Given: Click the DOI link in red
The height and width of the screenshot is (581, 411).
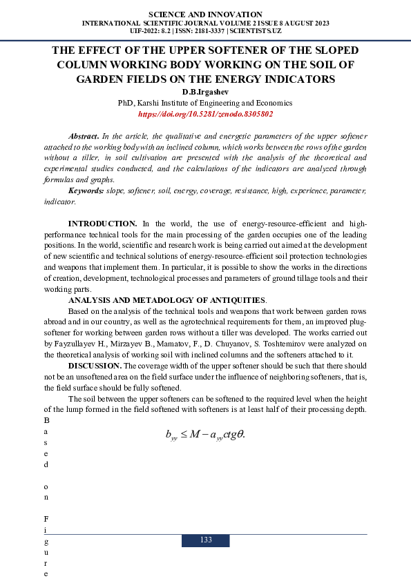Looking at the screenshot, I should (205, 114).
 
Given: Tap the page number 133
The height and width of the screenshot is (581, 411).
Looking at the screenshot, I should (205, 540).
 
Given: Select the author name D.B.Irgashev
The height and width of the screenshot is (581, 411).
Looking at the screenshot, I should (205, 92).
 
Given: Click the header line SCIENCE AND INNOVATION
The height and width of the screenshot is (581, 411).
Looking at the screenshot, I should (205, 14).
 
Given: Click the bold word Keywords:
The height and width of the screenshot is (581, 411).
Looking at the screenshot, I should (86, 190).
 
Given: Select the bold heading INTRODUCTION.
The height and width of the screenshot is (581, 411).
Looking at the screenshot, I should (102, 224).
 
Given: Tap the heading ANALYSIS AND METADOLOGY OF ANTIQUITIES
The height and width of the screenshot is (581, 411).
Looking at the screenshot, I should (166, 301).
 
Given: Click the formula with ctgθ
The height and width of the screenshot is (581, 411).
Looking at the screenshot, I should (205, 435).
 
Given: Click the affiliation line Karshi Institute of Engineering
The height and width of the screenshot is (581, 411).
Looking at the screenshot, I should (205, 103).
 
